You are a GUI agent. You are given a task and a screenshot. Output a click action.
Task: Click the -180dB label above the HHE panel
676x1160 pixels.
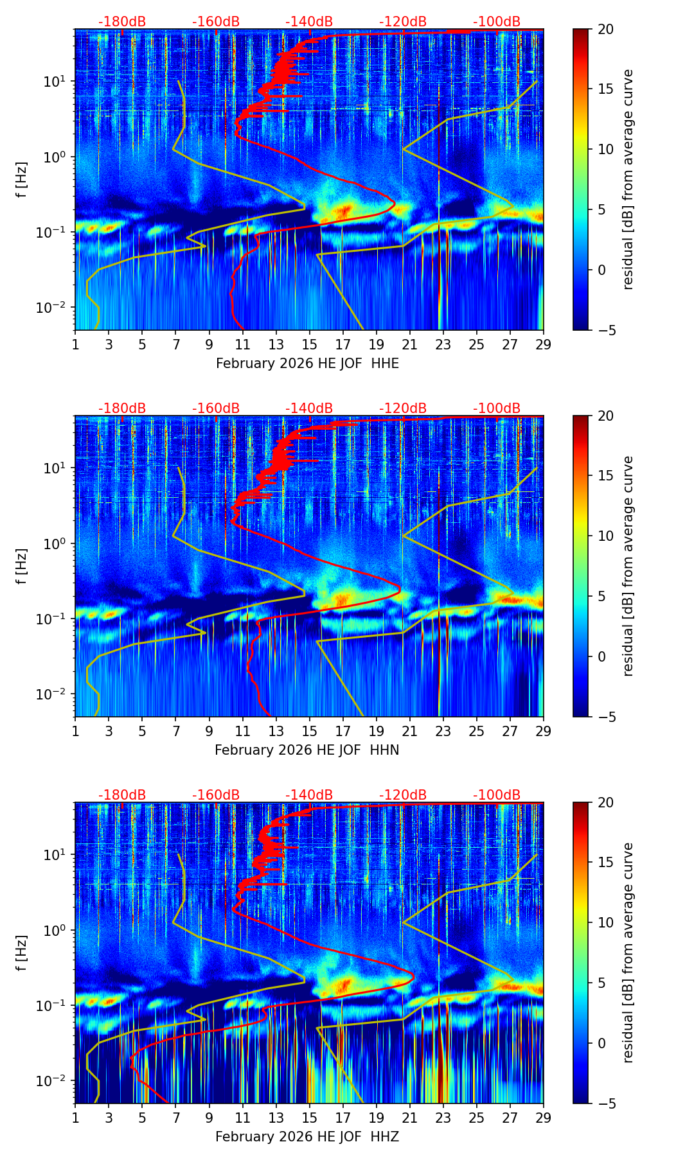(x=122, y=22)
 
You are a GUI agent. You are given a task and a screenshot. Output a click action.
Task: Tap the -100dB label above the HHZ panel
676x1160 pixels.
(x=497, y=795)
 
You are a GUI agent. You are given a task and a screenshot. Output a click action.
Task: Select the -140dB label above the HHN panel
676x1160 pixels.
(x=309, y=409)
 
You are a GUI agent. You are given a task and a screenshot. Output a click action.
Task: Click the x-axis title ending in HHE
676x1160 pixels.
(x=307, y=364)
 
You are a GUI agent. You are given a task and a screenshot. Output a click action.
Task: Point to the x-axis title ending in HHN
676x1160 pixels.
(x=307, y=750)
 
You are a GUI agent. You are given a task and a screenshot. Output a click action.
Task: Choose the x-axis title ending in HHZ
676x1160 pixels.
(x=307, y=1137)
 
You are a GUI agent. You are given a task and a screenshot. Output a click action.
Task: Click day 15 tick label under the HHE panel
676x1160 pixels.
(x=309, y=344)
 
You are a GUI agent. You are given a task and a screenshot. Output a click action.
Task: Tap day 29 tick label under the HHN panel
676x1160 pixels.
(x=543, y=731)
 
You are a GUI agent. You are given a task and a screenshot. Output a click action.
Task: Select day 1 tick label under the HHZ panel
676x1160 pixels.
(x=75, y=1118)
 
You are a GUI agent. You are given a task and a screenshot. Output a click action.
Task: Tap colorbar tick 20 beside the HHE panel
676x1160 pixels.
(x=605, y=29)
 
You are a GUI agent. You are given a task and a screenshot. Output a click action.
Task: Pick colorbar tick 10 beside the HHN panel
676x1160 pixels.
(x=605, y=536)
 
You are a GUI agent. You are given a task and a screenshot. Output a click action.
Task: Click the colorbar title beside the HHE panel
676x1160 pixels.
(x=628, y=179)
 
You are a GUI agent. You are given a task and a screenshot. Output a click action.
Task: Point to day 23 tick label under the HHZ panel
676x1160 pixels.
(x=443, y=1118)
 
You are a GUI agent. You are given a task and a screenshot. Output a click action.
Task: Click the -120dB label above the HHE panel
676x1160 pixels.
(x=403, y=22)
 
